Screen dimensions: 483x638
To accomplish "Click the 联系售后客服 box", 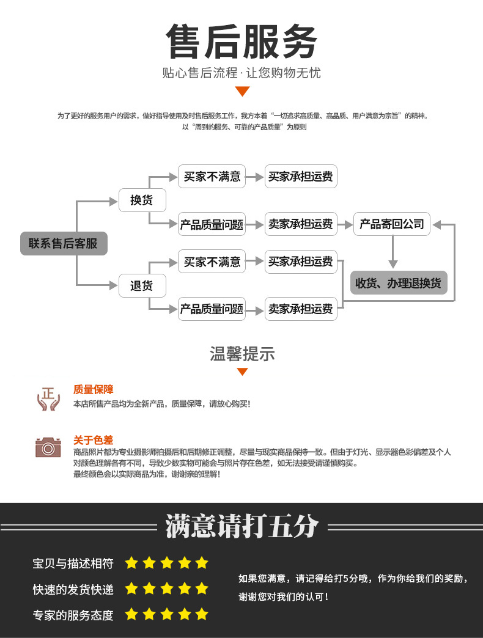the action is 64,243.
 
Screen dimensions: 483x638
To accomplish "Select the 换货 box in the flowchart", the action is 141,200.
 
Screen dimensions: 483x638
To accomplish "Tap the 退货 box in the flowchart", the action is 141,285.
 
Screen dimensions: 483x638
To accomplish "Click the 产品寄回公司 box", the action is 391,224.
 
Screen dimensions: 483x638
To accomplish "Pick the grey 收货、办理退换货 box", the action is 398,283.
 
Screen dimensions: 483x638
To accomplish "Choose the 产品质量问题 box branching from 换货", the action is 212,224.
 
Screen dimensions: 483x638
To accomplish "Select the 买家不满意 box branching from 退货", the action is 212,262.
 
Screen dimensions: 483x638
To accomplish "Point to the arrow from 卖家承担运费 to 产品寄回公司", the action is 345,224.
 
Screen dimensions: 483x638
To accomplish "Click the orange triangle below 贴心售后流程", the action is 242,92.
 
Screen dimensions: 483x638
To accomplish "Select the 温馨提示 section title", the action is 242,354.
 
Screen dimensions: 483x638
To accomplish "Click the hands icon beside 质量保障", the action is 48,398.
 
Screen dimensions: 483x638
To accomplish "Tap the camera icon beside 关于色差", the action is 48,447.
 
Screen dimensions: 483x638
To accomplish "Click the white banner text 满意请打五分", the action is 242,527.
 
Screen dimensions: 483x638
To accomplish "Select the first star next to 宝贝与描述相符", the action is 131,563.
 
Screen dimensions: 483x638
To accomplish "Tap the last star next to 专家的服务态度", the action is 202,614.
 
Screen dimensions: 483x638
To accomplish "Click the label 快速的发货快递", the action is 73,590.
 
